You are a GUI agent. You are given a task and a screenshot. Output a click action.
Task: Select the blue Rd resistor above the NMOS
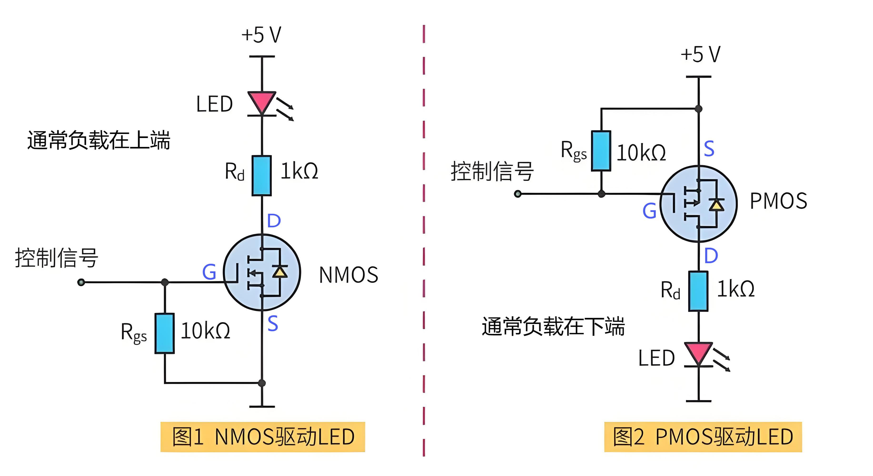coord(262,175)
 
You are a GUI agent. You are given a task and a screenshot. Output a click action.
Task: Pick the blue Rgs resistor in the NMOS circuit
coord(165,333)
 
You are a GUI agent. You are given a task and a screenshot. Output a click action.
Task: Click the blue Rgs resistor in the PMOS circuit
coord(601,151)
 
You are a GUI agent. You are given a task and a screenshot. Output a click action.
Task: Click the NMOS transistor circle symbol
coord(262,272)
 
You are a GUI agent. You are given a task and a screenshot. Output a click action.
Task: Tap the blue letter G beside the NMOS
coord(209,272)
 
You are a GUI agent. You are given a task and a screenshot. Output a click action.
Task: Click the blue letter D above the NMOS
coord(274,221)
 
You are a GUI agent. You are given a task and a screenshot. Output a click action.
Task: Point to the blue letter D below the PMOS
coord(711,256)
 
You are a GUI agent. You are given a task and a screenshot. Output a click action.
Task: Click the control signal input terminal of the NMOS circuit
coord(81,282)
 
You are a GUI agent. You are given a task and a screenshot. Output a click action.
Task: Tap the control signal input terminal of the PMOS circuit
coord(517,194)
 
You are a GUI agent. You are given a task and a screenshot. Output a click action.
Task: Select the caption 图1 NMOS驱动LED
coord(263,437)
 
